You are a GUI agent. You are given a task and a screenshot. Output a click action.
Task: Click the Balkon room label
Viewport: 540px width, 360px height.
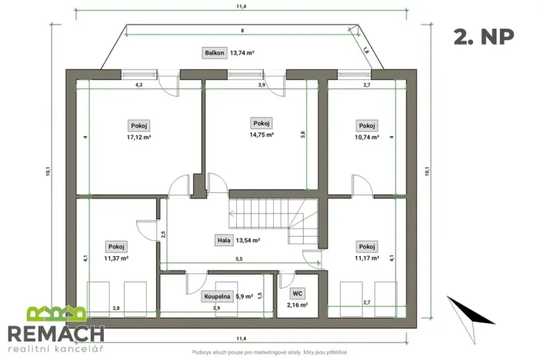(x=214, y=53)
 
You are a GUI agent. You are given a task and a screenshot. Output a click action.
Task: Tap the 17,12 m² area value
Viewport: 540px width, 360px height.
(x=138, y=137)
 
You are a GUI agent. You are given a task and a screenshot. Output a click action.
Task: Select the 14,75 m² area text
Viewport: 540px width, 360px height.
(x=262, y=135)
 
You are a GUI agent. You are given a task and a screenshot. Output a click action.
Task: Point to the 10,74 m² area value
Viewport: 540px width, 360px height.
(x=367, y=137)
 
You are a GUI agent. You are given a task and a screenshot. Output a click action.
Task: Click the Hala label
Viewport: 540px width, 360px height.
(x=224, y=240)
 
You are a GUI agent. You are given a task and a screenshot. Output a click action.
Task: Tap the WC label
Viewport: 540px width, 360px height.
(x=297, y=294)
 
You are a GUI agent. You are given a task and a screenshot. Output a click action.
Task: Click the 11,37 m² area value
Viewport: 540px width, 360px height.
(x=117, y=258)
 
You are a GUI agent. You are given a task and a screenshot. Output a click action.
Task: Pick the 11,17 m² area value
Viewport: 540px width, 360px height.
(x=367, y=258)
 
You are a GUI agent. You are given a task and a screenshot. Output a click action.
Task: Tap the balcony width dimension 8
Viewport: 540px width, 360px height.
(x=242, y=31)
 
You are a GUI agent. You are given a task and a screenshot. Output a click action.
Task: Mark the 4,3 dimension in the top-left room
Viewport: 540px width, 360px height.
(x=139, y=85)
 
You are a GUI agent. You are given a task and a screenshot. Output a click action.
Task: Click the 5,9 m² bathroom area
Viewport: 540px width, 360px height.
(x=245, y=296)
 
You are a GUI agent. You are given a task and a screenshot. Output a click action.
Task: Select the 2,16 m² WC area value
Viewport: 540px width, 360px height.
(x=297, y=305)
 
